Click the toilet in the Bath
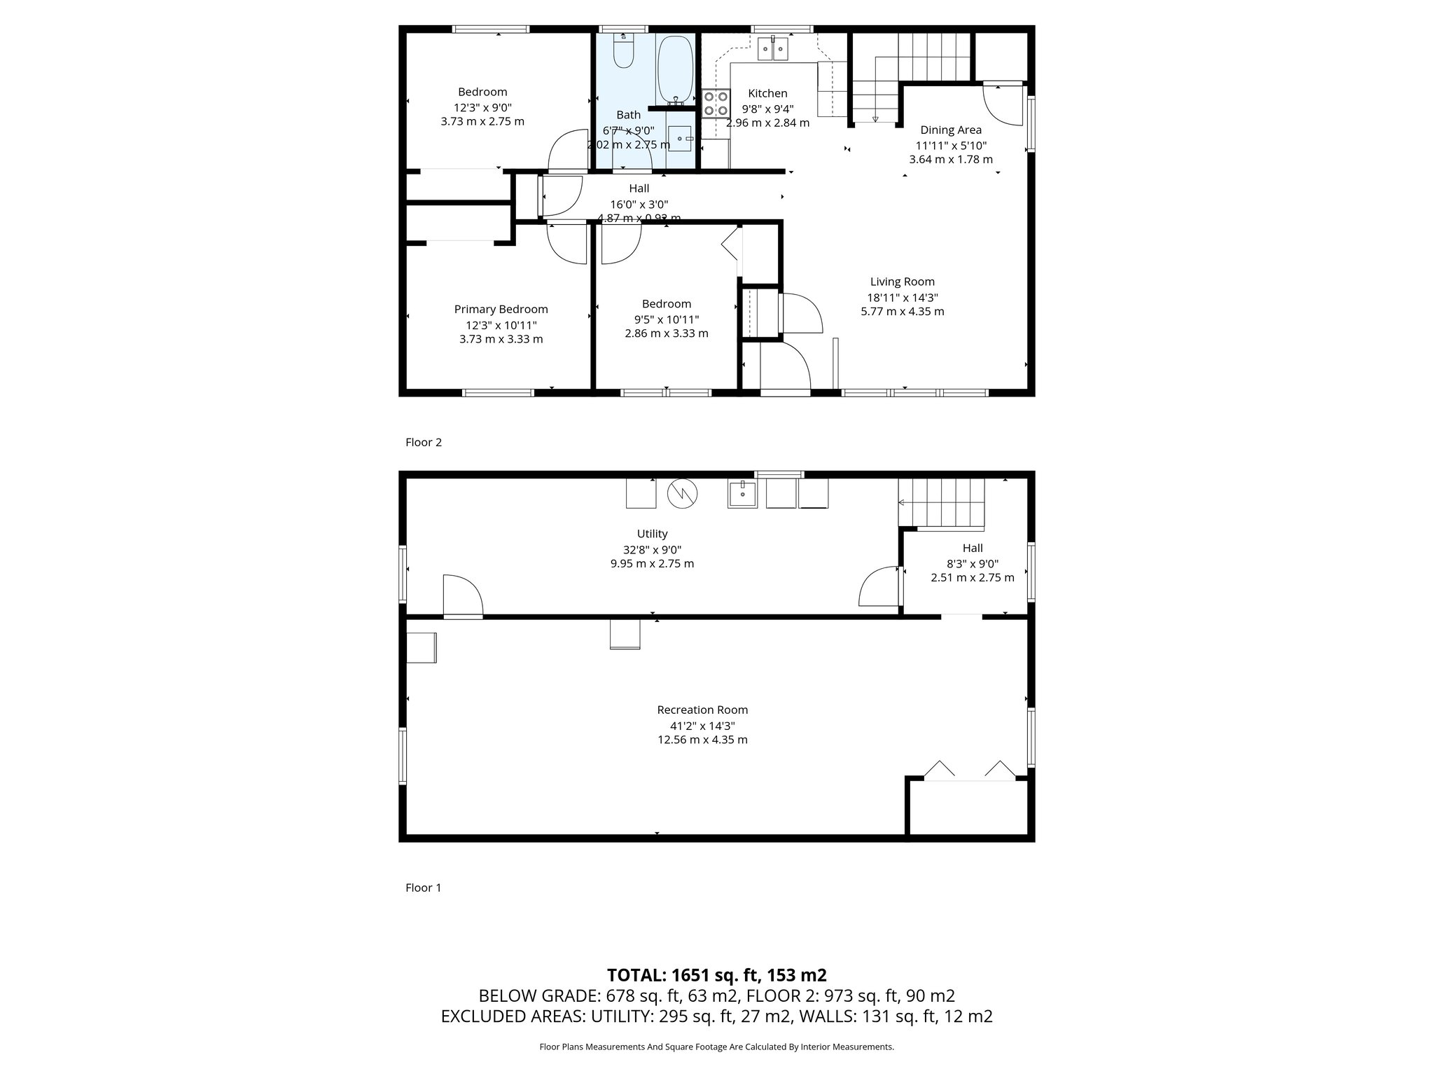(623, 52)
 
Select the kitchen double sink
(774, 48)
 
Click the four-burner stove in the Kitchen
(716, 104)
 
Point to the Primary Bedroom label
(501, 309)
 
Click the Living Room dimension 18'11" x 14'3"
(902, 297)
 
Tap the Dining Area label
(950, 130)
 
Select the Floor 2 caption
(424, 442)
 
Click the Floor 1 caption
(424, 888)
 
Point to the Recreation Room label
(702, 710)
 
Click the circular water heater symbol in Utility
(682, 493)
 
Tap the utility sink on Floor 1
(742, 493)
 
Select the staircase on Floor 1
(942, 503)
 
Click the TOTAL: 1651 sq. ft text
(716, 975)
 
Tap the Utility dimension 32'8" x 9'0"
(652, 550)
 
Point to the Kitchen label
(767, 93)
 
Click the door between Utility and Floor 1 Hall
(879, 587)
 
